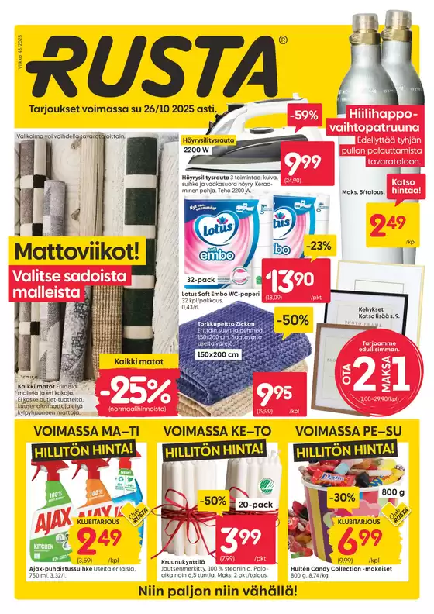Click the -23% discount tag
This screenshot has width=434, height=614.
point(318,245)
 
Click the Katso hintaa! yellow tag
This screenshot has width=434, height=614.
point(407,186)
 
